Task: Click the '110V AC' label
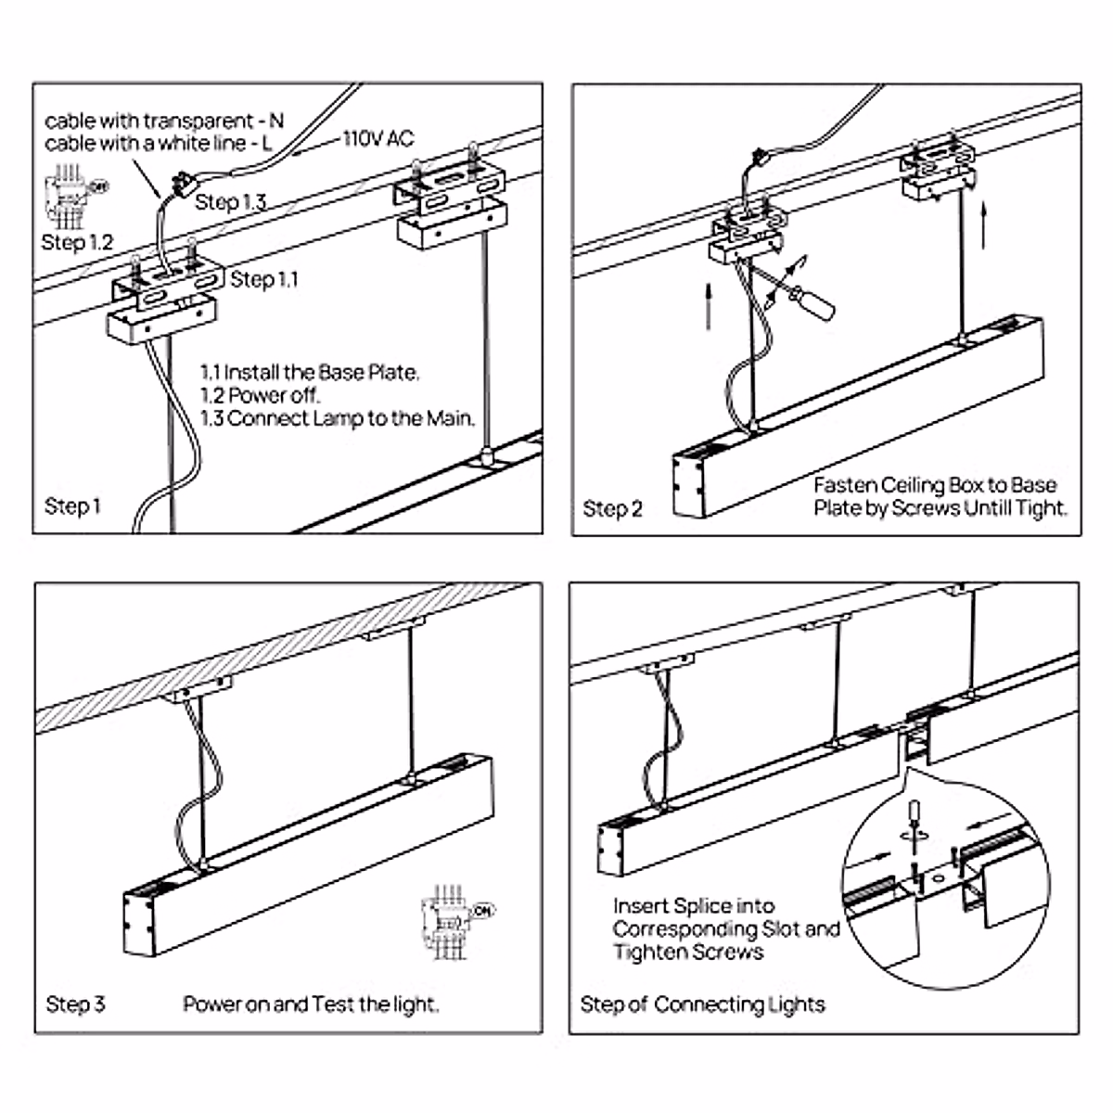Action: pyautogui.click(x=378, y=139)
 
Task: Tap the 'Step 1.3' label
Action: pyautogui.click(x=231, y=202)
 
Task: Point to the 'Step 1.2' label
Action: pyautogui.click(x=77, y=243)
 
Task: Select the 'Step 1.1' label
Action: pyautogui.click(x=264, y=279)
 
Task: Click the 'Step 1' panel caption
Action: pyautogui.click(x=72, y=506)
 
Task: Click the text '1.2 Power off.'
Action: pyautogui.click(x=261, y=395)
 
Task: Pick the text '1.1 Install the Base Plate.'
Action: pyautogui.click(x=310, y=373)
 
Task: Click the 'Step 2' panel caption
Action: pyautogui.click(x=612, y=508)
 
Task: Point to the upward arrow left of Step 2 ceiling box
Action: pyautogui.click(x=709, y=306)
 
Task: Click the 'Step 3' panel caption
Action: pyautogui.click(x=75, y=1004)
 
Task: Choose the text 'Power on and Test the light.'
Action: pyautogui.click(x=311, y=1004)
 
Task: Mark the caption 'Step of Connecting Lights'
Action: pyautogui.click(x=702, y=1004)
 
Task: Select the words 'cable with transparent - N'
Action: pyautogui.click(x=164, y=121)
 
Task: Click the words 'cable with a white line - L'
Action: pyautogui.click(x=159, y=144)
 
